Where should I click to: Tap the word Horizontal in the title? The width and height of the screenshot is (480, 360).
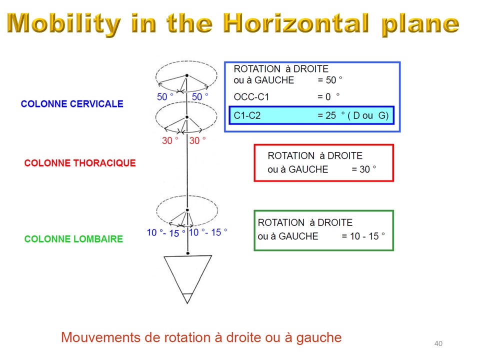click(x=296, y=23)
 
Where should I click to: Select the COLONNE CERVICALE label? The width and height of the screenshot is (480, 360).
click(x=72, y=104)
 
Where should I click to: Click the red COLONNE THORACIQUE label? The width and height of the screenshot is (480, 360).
click(x=80, y=163)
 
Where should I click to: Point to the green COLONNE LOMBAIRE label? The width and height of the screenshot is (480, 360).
click(x=73, y=239)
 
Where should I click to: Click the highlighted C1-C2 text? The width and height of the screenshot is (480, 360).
click(x=247, y=115)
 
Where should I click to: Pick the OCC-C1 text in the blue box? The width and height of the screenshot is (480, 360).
click(x=251, y=97)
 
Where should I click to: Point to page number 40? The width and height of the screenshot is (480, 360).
click(x=438, y=343)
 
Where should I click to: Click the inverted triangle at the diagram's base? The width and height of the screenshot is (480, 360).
click(x=187, y=279)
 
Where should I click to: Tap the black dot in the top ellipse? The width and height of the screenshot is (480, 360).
click(x=186, y=75)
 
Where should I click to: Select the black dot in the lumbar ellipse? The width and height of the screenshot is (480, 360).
click(x=187, y=210)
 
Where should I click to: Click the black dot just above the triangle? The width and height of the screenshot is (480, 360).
click(x=188, y=253)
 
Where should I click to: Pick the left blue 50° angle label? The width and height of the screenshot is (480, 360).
click(x=165, y=96)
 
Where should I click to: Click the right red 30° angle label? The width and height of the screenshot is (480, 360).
click(x=197, y=140)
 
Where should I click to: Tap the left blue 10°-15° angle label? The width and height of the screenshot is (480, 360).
click(x=166, y=232)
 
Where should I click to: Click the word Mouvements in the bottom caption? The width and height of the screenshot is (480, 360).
click(x=100, y=337)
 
